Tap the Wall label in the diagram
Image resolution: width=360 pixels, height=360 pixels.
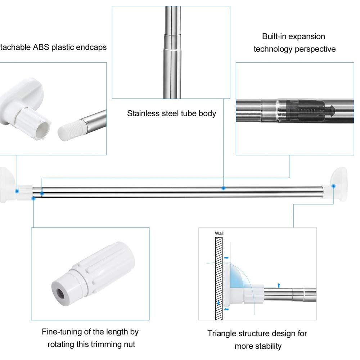pos(219,233)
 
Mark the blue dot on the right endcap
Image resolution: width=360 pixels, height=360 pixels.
pos(334,186)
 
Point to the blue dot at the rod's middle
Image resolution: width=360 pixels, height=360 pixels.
pos(223,188)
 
